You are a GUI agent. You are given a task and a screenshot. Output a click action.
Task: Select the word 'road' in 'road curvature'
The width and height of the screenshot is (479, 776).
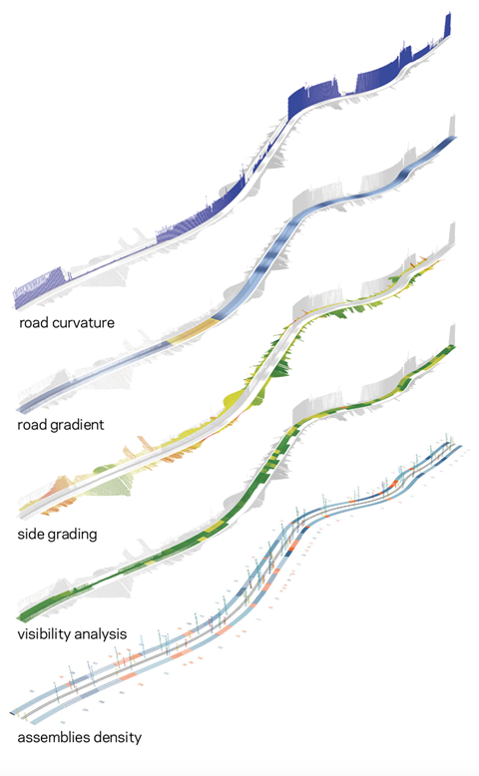pos(34,323)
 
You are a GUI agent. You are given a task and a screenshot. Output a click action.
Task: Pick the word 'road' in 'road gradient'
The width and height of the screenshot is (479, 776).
pos(30,425)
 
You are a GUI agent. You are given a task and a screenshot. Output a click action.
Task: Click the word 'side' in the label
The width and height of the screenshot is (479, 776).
pos(29,534)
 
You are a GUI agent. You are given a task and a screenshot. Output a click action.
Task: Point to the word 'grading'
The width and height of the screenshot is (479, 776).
pos(70,535)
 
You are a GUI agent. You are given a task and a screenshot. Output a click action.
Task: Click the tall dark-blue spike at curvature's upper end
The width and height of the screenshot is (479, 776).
pos(448,25)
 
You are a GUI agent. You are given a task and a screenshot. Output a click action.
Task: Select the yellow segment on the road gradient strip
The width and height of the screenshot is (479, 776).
pos(194,330)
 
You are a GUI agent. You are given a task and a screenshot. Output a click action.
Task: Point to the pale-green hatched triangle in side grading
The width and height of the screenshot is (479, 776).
pos(112,484)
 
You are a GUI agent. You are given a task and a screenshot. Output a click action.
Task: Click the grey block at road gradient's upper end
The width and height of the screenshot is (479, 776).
pos(452,127)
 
